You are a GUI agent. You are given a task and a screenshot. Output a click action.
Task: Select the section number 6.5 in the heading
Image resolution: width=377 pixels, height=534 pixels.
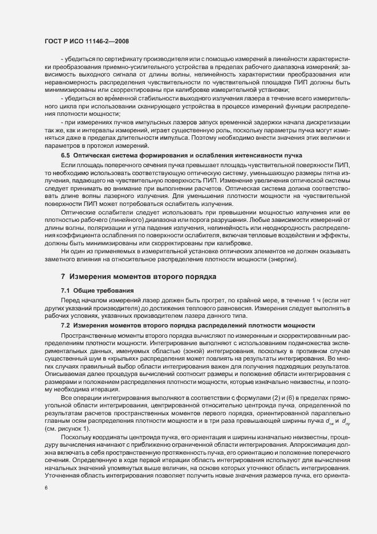coord(66,156)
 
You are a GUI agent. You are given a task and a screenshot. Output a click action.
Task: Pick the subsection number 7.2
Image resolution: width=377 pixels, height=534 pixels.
coord(66,325)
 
